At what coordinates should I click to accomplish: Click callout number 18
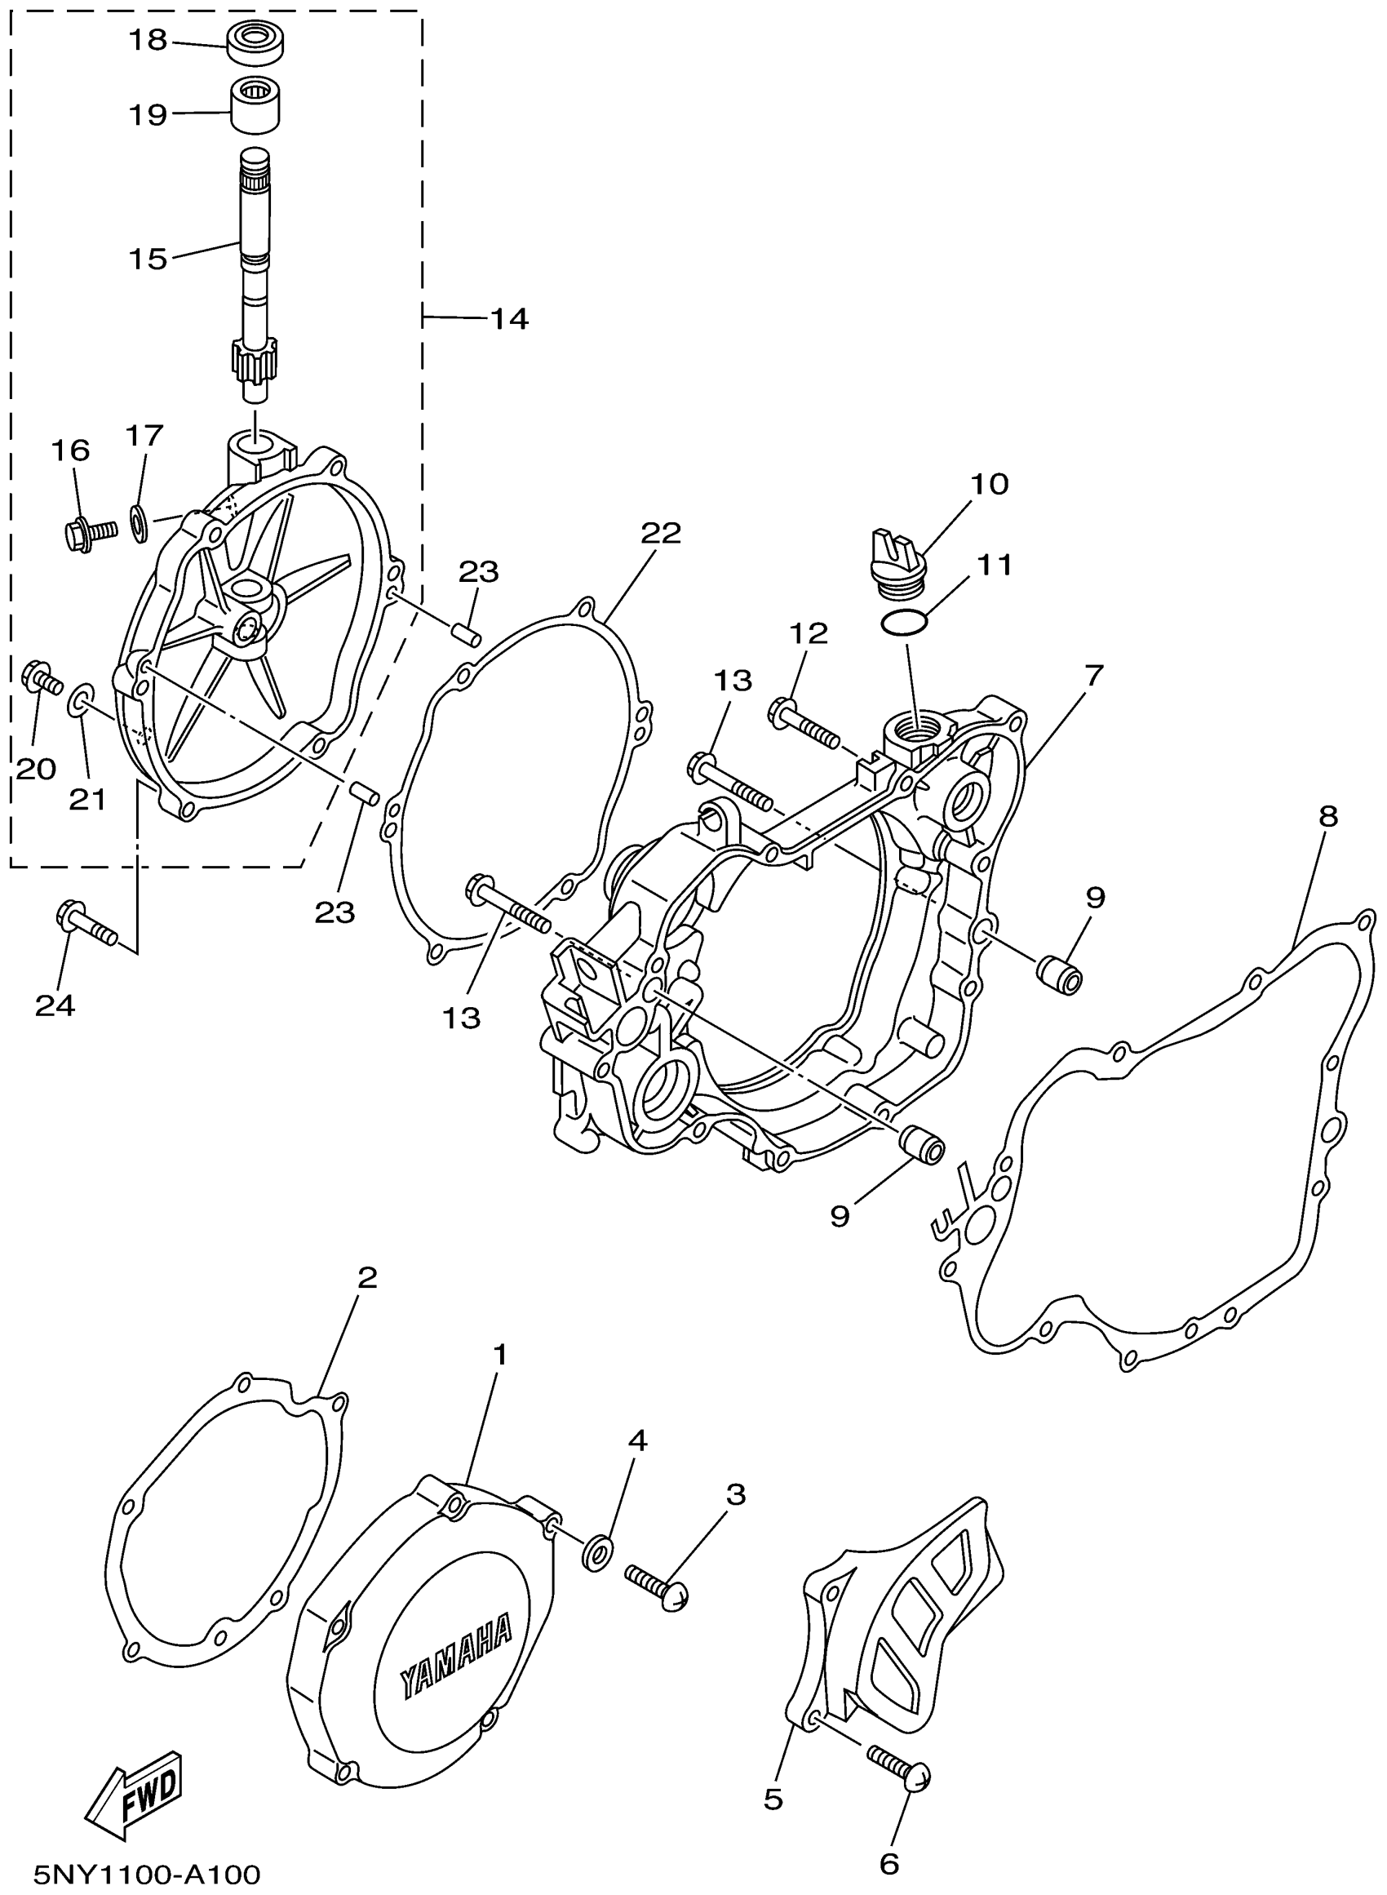148,39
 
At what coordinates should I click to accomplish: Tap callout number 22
661,532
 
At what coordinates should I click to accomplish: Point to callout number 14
510,319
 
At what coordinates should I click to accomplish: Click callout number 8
1327,816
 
